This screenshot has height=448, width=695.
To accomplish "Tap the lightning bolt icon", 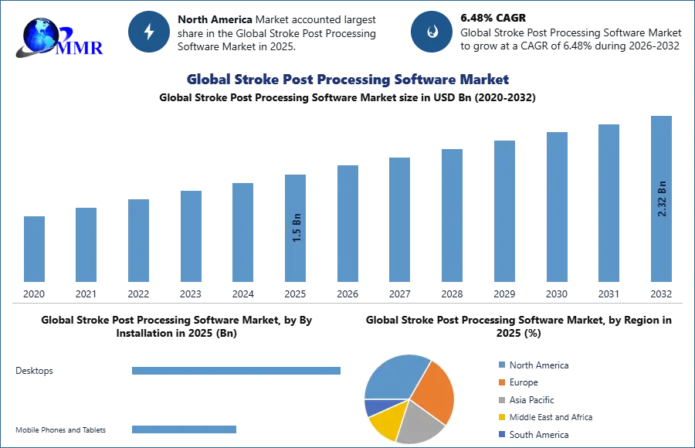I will click(149, 32).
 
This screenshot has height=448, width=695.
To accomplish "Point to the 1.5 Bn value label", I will click(297, 228).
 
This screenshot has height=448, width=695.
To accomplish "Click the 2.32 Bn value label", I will click(662, 198).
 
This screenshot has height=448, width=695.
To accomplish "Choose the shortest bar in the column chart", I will click(34, 250).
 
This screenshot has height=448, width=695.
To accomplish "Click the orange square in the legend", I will click(500, 383).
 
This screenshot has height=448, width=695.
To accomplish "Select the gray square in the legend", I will click(500, 402).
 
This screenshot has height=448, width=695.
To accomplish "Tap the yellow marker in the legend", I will click(500, 418).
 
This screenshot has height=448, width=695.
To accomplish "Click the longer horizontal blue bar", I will click(237, 372).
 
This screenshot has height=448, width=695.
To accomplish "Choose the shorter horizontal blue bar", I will click(185, 429).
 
